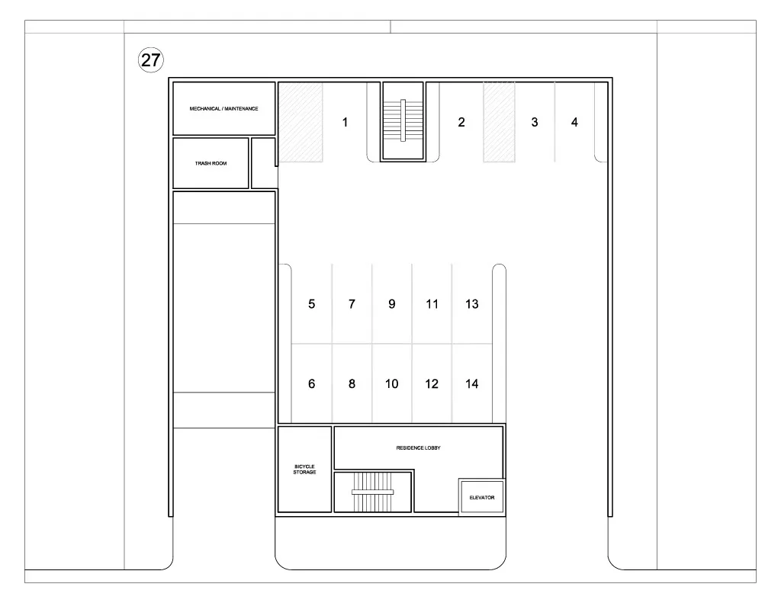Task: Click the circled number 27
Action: click(x=150, y=59)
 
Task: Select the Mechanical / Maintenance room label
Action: click(x=223, y=108)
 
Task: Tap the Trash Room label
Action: click(x=211, y=163)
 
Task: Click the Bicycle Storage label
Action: click(x=304, y=470)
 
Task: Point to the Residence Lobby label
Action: click(x=419, y=448)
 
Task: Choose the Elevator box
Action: click(x=482, y=497)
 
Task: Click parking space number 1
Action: click(x=345, y=122)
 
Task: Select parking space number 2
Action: click(x=461, y=122)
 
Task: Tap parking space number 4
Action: click(x=574, y=122)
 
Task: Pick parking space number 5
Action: click(x=311, y=303)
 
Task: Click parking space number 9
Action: click(x=391, y=303)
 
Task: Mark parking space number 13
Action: click(x=471, y=303)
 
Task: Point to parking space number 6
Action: click(x=311, y=383)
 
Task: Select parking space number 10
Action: click(x=391, y=383)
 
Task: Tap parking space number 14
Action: click(x=471, y=383)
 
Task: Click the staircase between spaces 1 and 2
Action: click(x=403, y=121)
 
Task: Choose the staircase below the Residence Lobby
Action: click(x=372, y=492)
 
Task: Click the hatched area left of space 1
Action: click(x=301, y=122)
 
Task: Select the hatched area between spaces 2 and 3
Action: click(x=499, y=122)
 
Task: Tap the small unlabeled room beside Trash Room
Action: click(x=263, y=163)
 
